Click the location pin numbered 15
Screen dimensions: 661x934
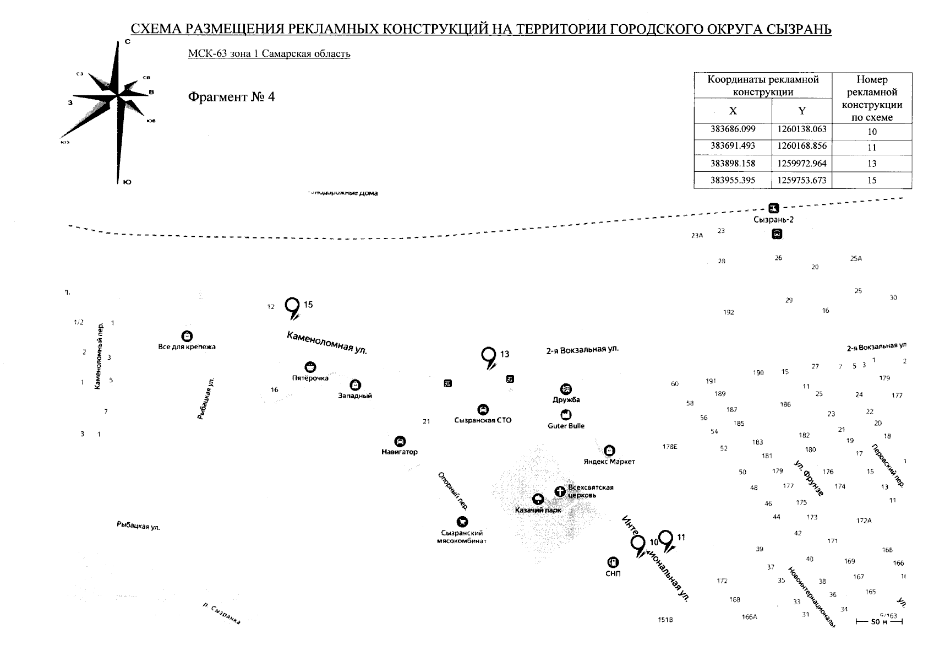click(x=292, y=306)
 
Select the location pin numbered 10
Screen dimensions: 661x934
click(x=638, y=544)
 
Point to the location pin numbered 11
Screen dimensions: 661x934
click(x=666, y=538)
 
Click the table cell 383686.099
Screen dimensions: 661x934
click(x=733, y=130)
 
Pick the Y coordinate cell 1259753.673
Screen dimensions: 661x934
click(x=801, y=180)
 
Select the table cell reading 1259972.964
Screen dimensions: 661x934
click(x=801, y=164)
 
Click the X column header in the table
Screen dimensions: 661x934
click(x=733, y=111)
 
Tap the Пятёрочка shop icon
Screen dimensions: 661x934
click(x=310, y=367)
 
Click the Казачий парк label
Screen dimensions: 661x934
click(x=538, y=510)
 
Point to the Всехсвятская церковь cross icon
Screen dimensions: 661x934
click(x=560, y=491)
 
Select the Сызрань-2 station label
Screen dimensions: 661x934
click(x=773, y=220)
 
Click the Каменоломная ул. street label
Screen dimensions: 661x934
click(x=326, y=343)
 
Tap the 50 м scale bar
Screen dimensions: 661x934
click(x=879, y=622)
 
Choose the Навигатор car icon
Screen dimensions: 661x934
click(x=400, y=441)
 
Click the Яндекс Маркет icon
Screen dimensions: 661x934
click(x=609, y=451)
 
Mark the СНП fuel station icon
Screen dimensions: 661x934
click(x=612, y=562)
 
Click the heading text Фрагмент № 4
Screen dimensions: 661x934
click(x=231, y=97)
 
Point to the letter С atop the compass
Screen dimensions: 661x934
click(x=127, y=42)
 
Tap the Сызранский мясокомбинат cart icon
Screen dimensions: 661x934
click(x=462, y=522)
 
